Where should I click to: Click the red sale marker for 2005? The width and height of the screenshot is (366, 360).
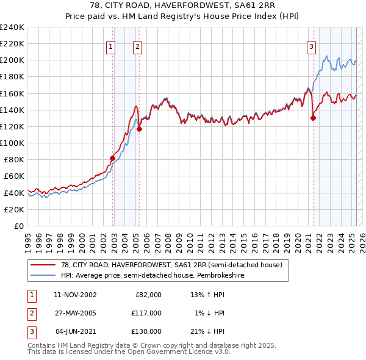(x=139, y=129)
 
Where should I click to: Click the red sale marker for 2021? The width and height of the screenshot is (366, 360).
(x=313, y=118)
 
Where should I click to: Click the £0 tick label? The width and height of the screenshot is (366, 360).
(x=19, y=226)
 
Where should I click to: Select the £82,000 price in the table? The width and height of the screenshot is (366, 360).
(x=148, y=295)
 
